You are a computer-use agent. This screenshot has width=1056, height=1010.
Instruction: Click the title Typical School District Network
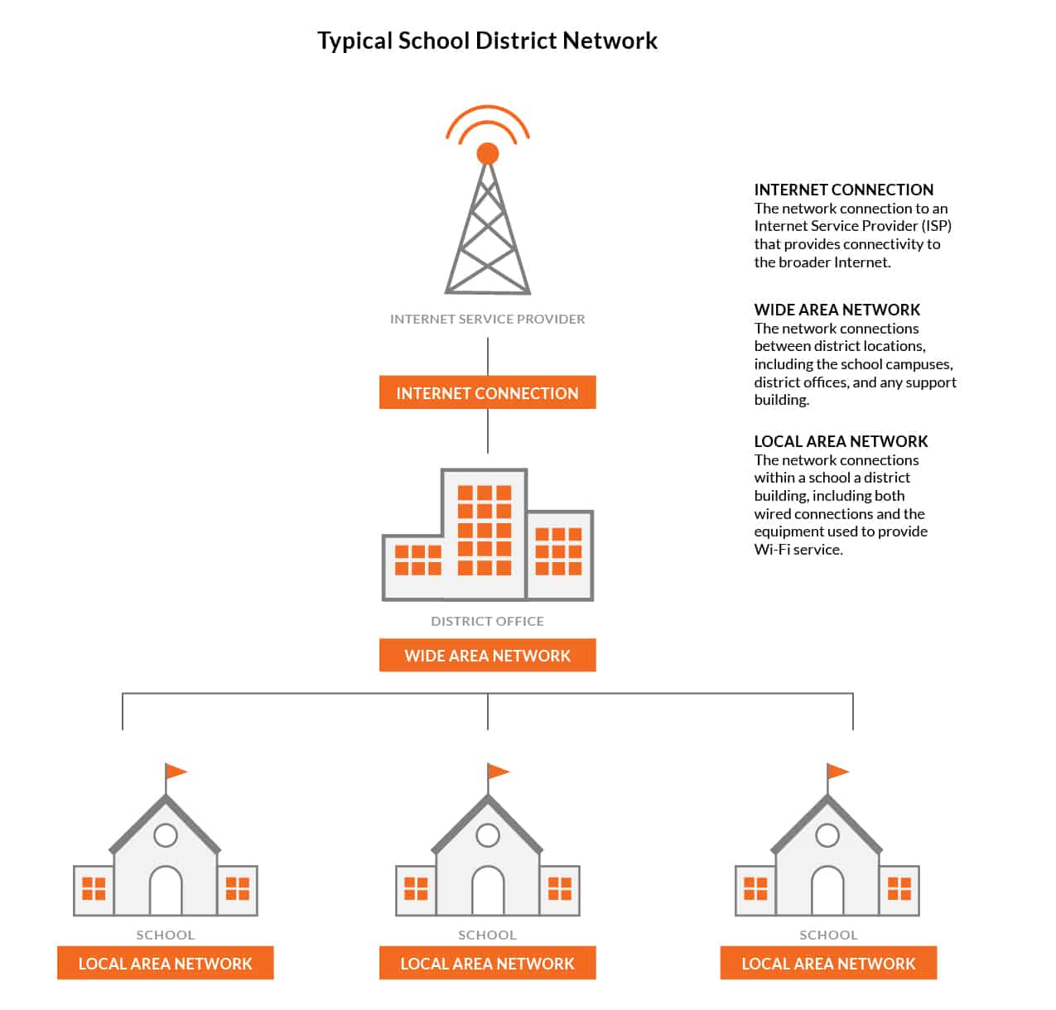point(487,41)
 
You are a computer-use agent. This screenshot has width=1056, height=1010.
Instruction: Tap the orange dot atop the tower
point(488,153)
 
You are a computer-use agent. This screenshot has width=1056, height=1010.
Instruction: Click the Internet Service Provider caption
point(487,319)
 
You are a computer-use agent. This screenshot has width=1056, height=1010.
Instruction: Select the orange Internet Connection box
point(487,393)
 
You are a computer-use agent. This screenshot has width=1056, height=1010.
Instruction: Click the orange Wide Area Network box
point(487,656)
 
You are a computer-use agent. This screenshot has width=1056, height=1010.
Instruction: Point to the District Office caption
point(487,621)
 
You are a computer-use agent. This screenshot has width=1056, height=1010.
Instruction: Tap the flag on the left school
point(176,772)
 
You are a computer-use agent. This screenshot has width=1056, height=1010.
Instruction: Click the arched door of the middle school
point(488,891)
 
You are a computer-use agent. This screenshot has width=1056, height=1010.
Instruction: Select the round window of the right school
point(827,834)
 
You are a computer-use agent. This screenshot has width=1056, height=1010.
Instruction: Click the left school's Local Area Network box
point(165,964)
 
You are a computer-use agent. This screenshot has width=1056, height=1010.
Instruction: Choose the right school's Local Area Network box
point(828,964)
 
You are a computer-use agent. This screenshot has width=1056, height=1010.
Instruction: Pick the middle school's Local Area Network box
point(487,964)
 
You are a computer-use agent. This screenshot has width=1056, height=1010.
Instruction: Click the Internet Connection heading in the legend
point(843,190)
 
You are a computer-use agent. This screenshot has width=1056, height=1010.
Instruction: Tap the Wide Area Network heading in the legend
point(837,310)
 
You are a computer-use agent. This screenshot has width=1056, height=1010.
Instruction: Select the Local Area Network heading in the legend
point(841,441)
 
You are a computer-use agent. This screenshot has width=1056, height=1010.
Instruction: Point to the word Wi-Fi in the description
point(772,550)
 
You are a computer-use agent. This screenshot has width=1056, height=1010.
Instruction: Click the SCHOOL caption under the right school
point(828,935)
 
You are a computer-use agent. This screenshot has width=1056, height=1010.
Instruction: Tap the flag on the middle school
point(498,772)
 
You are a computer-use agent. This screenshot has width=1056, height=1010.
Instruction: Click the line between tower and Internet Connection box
point(488,356)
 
